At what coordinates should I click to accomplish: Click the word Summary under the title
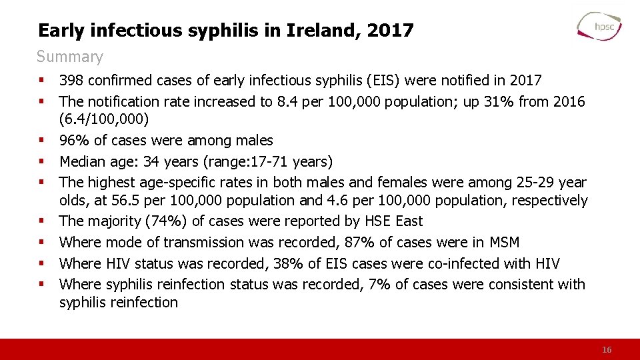point(70,57)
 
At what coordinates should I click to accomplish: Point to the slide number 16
point(607,350)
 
